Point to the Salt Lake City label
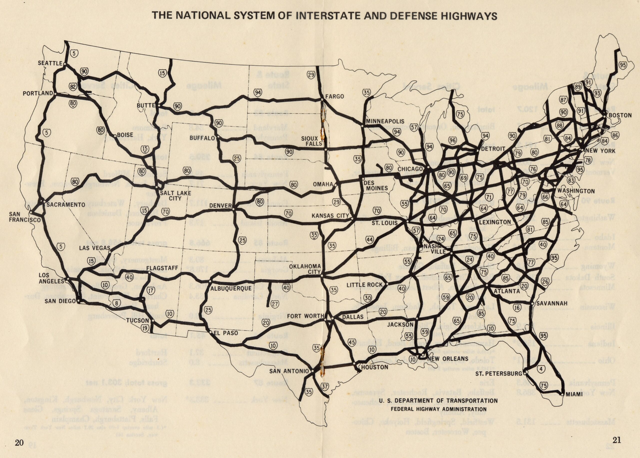(x=175, y=195)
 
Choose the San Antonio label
(x=289, y=371)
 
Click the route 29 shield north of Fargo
(x=311, y=75)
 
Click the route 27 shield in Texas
(x=275, y=304)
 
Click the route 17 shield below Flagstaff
(x=151, y=290)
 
